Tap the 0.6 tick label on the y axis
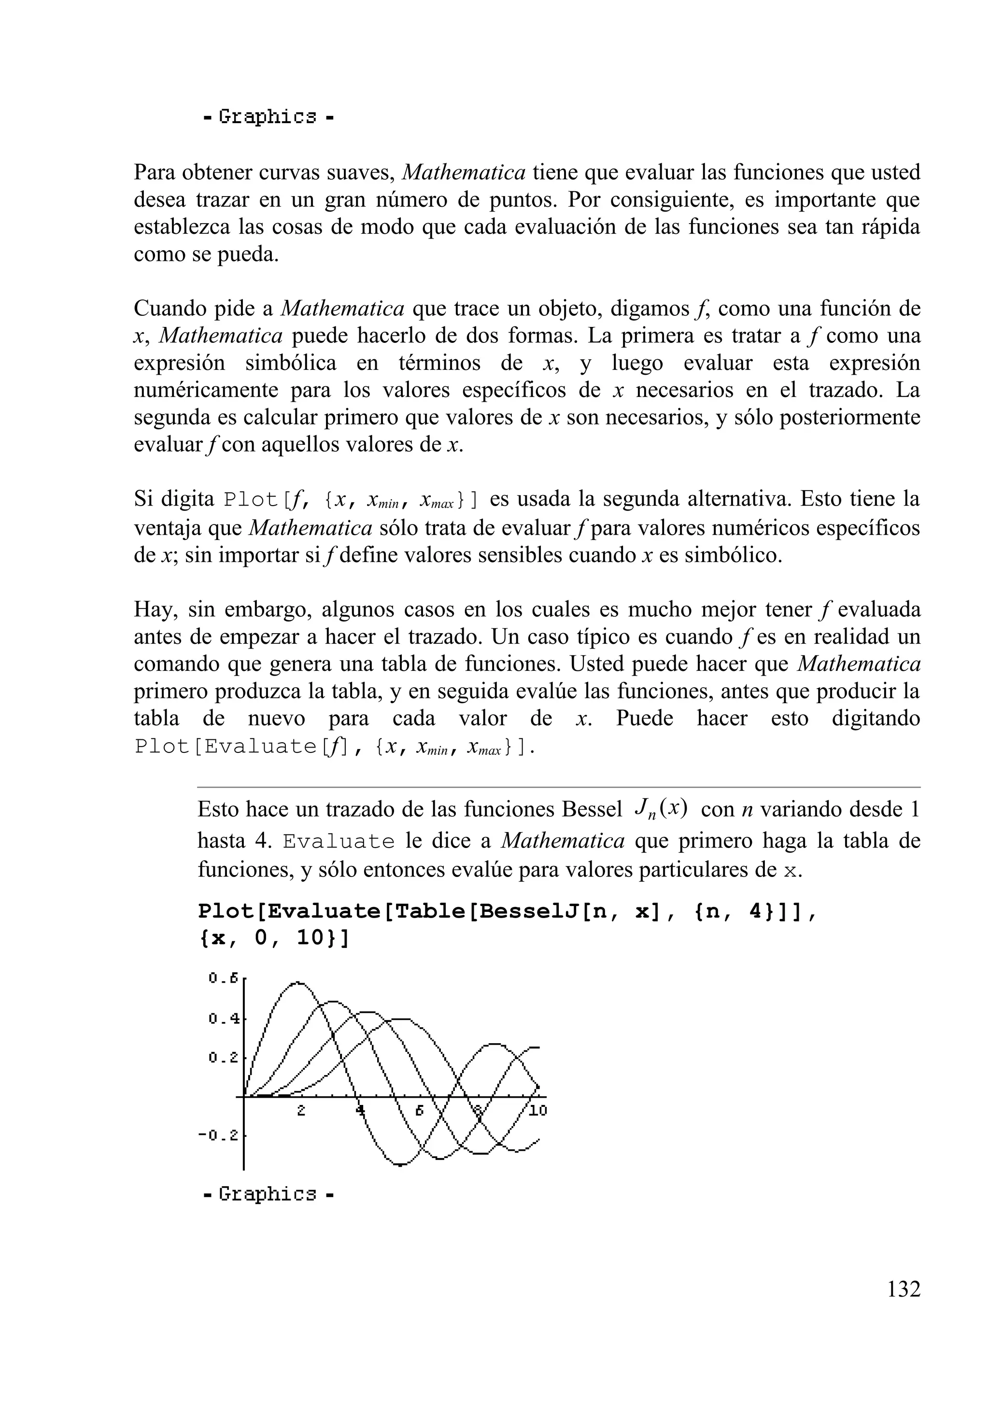tap(223, 978)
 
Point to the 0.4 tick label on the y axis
tap(223, 1019)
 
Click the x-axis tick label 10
tap(537, 1111)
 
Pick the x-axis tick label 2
tap(301, 1111)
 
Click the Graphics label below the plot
tap(268, 1194)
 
